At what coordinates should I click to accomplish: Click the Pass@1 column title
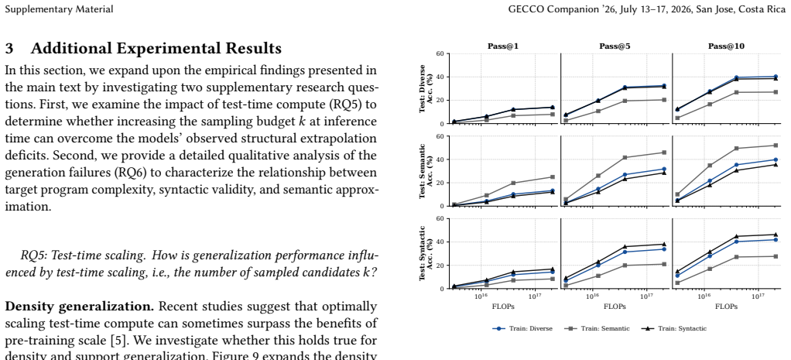pos(503,46)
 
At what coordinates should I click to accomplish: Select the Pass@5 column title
pos(615,46)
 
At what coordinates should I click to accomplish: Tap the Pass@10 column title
pos(726,46)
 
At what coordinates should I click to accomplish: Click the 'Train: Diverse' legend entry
pos(522,329)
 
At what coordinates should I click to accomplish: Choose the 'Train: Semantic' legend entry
pos(598,329)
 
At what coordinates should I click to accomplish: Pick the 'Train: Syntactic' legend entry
pos(674,329)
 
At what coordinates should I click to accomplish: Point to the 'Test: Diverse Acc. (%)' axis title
pos(426,88)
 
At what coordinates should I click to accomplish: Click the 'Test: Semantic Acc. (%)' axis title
pos(426,171)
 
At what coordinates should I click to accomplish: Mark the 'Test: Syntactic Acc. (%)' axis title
pos(426,253)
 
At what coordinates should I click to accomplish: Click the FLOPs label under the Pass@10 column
pos(726,307)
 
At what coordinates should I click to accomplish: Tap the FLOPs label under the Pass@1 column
pos(503,307)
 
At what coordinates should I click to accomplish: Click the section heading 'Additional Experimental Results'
pos(156,49)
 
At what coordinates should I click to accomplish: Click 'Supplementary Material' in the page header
pos(59,9)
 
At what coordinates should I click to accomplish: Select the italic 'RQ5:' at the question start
pos(33,255)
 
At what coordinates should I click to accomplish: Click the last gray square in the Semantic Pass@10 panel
pos(776,146)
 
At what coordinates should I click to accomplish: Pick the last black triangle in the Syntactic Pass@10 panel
pos(776,235)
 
